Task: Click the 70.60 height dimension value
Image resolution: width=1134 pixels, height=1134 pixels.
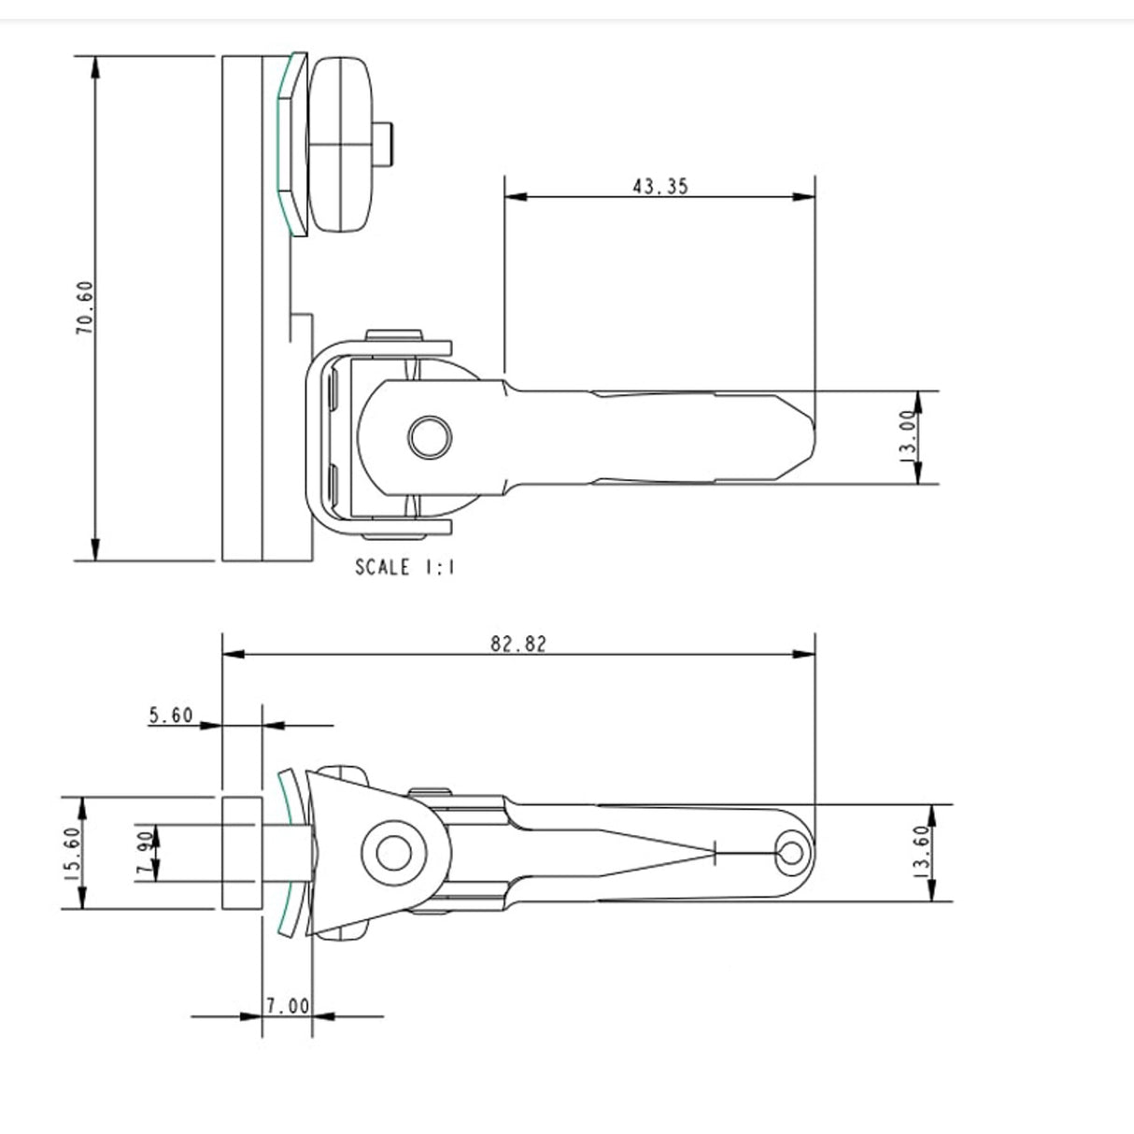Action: (84, 308)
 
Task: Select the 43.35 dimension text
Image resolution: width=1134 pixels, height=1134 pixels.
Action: (659, 186)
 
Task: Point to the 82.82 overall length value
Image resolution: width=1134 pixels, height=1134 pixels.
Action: (518, 644)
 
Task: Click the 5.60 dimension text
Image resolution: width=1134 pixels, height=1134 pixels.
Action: (170, 716)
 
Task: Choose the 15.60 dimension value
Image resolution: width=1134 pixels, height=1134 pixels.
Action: (73, 852)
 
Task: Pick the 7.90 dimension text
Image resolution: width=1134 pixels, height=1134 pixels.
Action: (145, 852)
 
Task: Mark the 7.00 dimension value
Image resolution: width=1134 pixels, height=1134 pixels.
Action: (286, 1006)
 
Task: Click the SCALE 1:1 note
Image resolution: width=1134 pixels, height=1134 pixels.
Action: (404, 567)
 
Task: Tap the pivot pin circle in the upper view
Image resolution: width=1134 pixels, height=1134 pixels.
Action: (430, 437)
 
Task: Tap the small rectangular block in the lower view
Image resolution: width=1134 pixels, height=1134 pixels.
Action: (241, 852)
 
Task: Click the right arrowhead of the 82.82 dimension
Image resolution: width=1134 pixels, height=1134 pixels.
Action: (805, 655)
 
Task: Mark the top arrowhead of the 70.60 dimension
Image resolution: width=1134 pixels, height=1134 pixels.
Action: (94, 65)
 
